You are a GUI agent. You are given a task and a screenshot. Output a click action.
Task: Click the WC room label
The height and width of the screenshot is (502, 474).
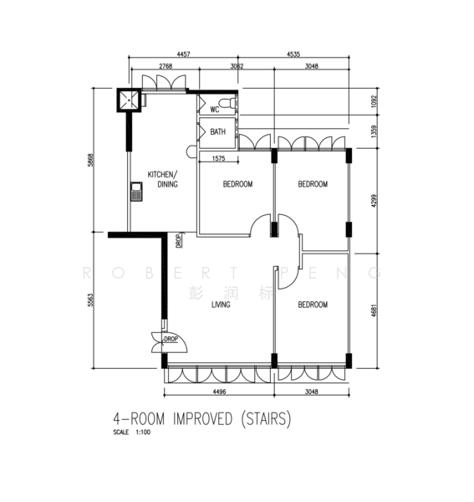(214, 109)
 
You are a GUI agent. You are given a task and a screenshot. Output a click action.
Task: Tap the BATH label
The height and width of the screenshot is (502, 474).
(217, 132)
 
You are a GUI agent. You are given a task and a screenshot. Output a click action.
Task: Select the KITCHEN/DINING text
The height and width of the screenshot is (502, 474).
(162, 179)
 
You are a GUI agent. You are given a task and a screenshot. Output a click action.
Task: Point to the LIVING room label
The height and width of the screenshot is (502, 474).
(221, 305)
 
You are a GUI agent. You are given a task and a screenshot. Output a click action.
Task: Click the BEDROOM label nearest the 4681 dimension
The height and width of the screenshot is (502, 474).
(313, 305)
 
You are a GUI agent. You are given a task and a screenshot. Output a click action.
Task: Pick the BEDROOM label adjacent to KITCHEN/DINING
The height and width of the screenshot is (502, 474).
(237, 184)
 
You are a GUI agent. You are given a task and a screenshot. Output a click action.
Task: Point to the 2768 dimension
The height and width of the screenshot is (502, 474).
(164, 66)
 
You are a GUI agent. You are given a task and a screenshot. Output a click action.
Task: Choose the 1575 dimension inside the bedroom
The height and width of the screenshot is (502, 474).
(219, 158)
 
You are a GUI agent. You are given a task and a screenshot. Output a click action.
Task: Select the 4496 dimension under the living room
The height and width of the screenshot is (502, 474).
(217, 389)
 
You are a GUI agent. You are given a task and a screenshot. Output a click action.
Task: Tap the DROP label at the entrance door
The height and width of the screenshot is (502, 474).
(171, 339)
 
